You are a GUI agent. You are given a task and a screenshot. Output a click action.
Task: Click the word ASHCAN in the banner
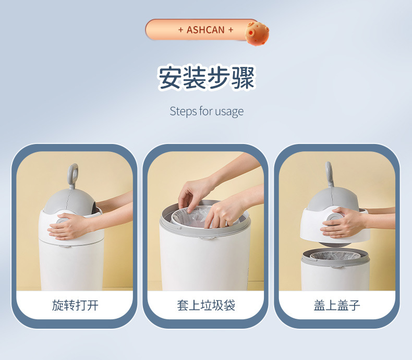tap(205, 30)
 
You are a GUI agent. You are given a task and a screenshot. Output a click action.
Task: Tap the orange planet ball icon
tap(257, 33)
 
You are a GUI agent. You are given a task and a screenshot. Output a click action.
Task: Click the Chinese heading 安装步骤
tap(207, 78)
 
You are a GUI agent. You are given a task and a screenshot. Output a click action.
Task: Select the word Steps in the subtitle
tap(184, 111)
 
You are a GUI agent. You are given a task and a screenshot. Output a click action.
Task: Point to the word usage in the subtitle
tap(229, 112)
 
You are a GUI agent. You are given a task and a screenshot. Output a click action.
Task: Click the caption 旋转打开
tap(75, 305)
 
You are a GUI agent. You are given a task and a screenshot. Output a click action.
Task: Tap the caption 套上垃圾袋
tap(206, 305)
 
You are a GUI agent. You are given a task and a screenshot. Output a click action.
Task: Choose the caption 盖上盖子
tap(337, 305)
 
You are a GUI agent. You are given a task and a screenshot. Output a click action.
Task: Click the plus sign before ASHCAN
tap(180, 30)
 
